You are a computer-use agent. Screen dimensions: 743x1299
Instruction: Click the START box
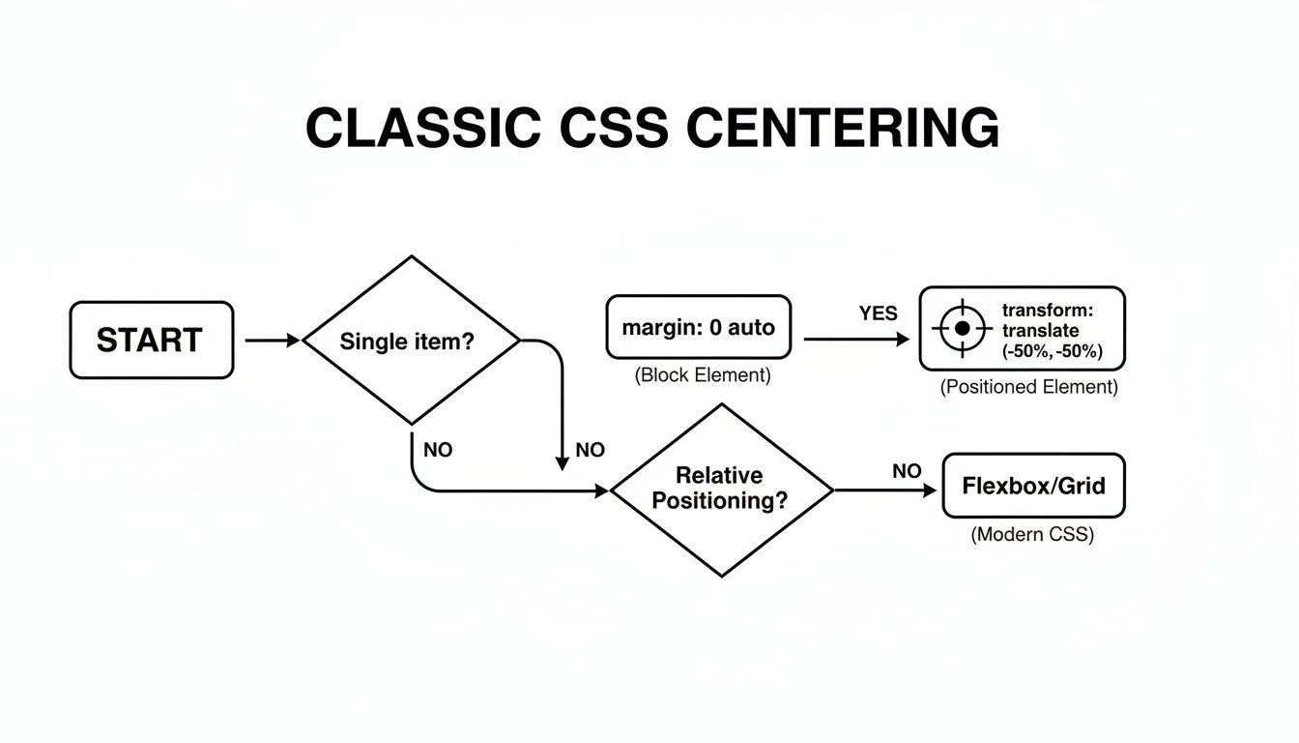click(x=151, y=340)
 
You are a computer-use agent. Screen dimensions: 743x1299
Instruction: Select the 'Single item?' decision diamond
click(x=413, y=341)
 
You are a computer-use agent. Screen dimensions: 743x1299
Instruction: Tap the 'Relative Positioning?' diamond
click(x=721, y=490)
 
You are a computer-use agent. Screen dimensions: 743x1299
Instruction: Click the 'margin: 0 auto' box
click(x=698, y=327)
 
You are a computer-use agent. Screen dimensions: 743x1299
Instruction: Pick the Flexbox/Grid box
click(x=1033, y=486)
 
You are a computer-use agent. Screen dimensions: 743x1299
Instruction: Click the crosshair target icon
click(x=962, y=328)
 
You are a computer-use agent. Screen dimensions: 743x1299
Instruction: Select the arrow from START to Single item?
click(x=274, y=341)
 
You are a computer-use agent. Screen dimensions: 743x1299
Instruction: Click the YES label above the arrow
click(x=878, y=313)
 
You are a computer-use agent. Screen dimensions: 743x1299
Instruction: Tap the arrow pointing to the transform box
click(x=856, y=340)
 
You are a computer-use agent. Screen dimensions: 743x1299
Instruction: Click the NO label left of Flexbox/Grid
click(x=907, y=471)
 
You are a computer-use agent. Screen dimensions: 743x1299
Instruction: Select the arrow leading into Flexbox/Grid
click(x=885, y=490)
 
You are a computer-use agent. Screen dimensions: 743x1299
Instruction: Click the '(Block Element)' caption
click(x=703, y=375)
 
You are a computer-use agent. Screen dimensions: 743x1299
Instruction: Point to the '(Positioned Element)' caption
click(x=1028, y=387)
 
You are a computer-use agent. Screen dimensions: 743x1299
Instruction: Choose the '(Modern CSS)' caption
click(x=1032, y=534)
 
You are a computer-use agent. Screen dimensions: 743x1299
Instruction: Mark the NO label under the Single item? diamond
click(x=438, y=450)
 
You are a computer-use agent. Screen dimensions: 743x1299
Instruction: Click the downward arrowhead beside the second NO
click(x=563, y=462)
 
